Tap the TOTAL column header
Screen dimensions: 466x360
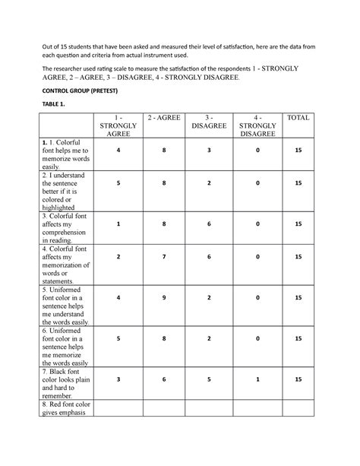[x=298, y=118]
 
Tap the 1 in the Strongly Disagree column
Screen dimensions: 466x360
[x=257, y=378]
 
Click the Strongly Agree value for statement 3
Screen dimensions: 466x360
[x=118, y=225]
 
